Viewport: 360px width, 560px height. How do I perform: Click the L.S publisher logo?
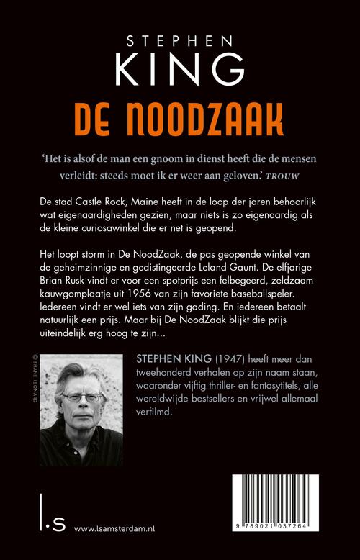40,523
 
